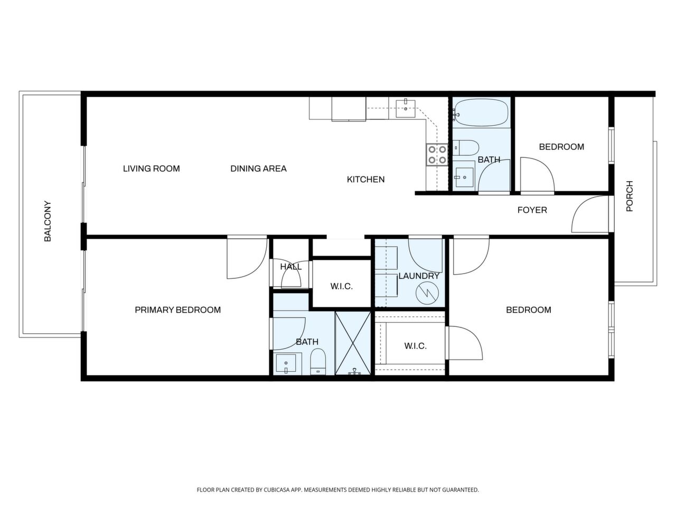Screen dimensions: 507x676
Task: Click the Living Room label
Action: click(x=152, y=168)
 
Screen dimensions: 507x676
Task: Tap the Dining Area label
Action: click(x=258, y=168)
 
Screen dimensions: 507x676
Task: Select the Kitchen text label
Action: click(x=365, y=180)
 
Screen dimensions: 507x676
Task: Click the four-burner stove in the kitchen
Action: click(x=437, y=154)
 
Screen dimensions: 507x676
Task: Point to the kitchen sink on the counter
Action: click(x=405, y=108)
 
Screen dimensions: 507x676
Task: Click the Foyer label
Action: click(x=532, y=210)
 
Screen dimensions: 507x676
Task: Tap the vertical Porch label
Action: click(x=630, y=196)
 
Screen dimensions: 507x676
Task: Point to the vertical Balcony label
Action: click(x=48, y=221)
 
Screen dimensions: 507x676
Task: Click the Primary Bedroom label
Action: click(x=177, y=310)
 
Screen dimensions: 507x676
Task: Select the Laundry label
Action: click(x=418, y=276)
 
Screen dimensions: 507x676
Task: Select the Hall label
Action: click(x=290, y=267)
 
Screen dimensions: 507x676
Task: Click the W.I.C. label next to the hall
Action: click(x=341, y=286)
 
